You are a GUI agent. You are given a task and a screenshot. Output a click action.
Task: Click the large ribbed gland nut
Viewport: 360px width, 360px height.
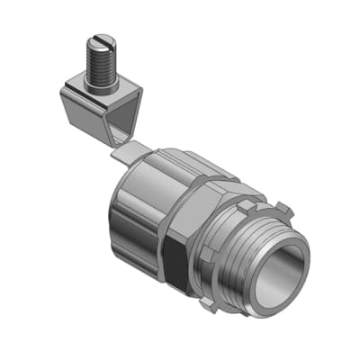148,198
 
